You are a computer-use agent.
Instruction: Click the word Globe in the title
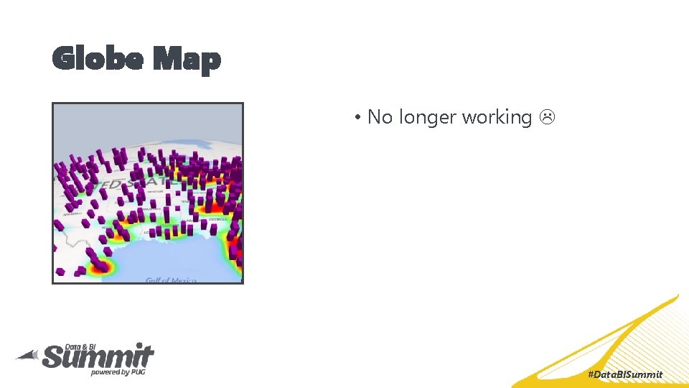click(x=96, y=59)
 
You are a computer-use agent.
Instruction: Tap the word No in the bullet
click(x=379, y=117)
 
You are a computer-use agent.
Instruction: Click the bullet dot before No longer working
click(x=357, y=117)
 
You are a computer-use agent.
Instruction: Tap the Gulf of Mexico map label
click(x=170, y=280)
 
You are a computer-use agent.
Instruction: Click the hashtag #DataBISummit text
click(x=624, y=374)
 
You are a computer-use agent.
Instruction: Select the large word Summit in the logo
click(x=98, y=356)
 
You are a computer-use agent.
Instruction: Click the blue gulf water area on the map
click(x=179, y=259)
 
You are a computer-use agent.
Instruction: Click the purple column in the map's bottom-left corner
click(x=61, y=272)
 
